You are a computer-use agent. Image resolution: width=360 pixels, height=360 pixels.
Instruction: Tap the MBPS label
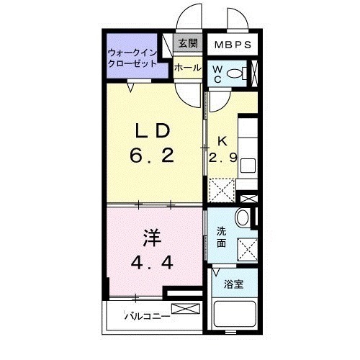point(233,44)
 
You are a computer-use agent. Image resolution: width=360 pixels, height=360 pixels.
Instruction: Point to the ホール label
point(186,68)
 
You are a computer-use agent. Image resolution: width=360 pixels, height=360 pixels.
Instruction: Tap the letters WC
point(217,73)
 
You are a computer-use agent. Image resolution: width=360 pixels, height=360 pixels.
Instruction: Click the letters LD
point(153,131)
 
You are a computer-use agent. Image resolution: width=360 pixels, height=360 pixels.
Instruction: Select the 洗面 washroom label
point(222,237)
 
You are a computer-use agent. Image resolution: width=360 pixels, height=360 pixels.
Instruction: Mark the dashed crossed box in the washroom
point(248,248)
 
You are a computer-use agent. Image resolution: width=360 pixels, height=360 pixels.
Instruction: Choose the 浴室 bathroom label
point(233,285)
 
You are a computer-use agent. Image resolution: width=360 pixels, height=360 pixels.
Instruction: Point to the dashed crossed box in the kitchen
point(221,192)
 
